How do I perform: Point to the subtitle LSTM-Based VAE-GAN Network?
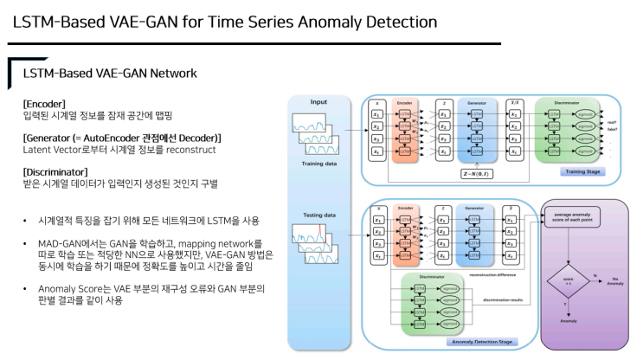click(x=109, y=74)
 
